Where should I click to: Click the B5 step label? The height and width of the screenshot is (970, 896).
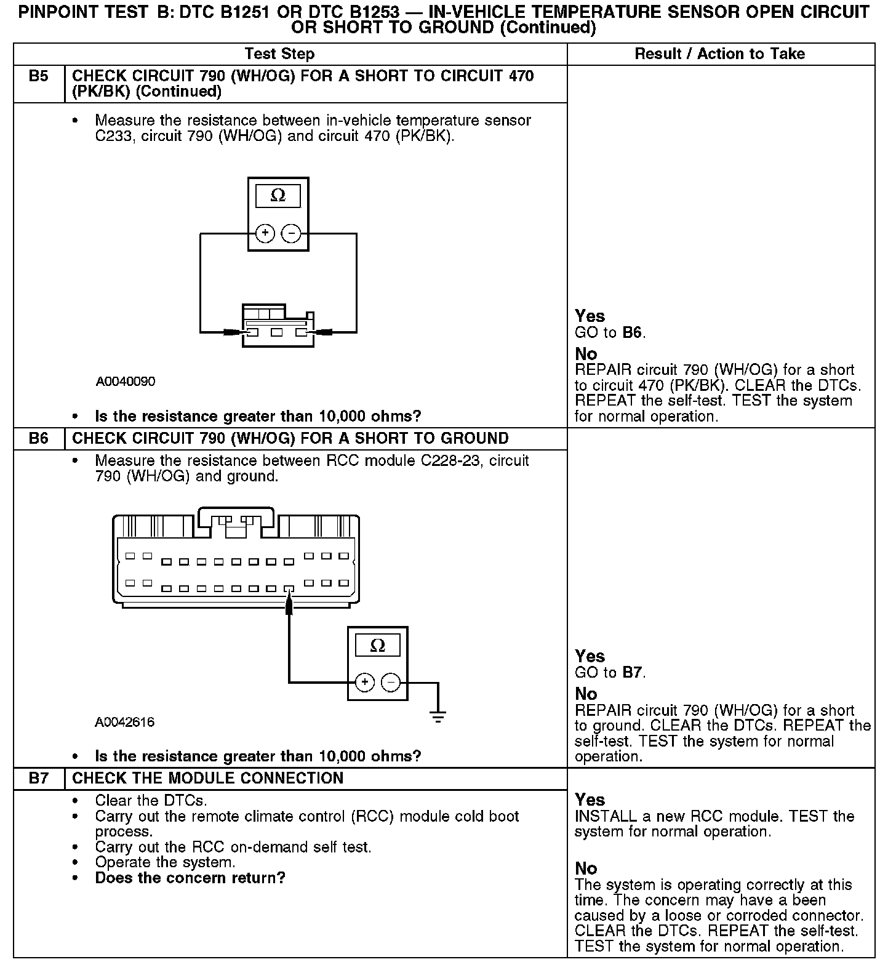pos(38,76)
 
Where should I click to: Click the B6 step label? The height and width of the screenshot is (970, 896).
pos(38,438)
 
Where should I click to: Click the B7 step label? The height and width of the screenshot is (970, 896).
pos(38,778)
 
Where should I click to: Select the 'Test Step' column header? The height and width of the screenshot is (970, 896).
pos(279,54)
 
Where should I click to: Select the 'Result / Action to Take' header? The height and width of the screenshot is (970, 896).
pos(719,54)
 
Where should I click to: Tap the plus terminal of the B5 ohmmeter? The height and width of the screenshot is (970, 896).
pos(265,233)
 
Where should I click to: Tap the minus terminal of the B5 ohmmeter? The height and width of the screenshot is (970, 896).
pos(291,233)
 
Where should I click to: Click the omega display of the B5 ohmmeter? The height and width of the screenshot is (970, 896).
pos(278,196)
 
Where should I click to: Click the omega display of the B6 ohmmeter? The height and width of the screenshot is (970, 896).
pos(378,645)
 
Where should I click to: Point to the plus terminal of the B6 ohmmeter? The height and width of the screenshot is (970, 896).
pos(365,682)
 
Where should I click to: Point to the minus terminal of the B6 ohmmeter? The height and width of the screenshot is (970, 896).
pos(391,682)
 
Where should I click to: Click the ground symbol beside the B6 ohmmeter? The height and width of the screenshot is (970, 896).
pos(438,715)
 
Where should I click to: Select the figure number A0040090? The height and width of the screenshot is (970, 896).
pos(126,382)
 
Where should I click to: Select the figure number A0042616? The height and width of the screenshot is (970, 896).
pos(125,722)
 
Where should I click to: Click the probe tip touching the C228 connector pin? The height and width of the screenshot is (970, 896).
pos(289,600)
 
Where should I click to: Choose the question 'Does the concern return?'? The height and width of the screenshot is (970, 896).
pos(190,878)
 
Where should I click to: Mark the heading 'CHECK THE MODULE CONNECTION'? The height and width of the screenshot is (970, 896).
pos(208,778)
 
